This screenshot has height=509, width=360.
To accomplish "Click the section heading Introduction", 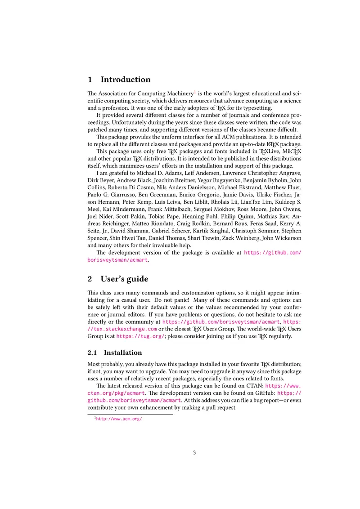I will click(126, 80).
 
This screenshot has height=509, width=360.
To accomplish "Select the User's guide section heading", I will click(124, 279).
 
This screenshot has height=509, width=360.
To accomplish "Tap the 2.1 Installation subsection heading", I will click(123, 353).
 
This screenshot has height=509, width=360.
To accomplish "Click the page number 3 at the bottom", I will click(194, 452).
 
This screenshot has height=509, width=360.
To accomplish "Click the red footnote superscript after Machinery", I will click(195, 92).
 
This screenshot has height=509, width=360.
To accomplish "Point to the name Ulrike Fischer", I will click(274, 195).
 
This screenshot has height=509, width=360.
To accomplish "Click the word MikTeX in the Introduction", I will click(291, 152).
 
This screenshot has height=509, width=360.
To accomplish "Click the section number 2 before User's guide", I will click(90, 279).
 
